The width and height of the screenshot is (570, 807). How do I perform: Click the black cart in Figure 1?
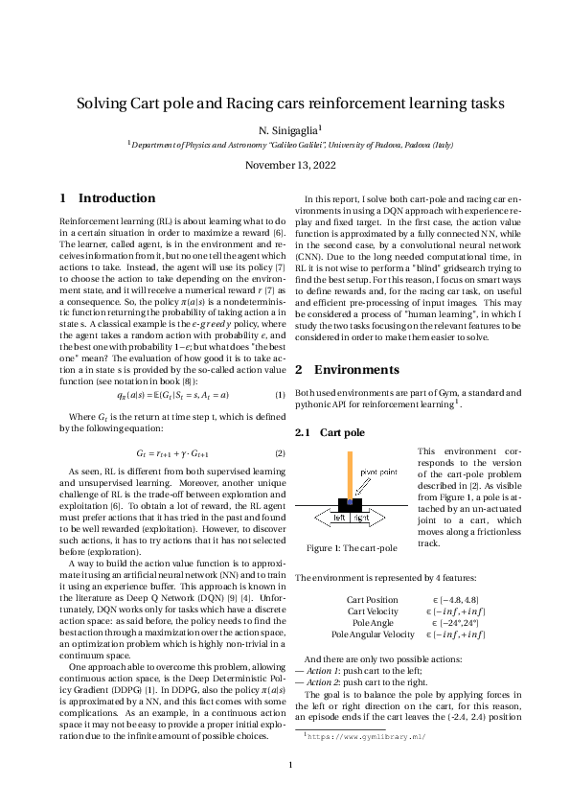tap(351, 506)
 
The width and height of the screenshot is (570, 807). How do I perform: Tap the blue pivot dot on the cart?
tap(351, 500)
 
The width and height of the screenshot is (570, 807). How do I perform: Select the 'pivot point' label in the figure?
tap(377, 473)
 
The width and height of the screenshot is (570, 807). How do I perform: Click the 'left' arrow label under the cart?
tap(338, 518)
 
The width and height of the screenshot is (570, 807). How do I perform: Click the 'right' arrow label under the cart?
tap(362, 518)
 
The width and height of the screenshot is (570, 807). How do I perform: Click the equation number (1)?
tap(280, 395)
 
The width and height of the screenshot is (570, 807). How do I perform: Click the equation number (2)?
tap(280, 452)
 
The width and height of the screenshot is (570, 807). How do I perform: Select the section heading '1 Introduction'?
tap(107, 198)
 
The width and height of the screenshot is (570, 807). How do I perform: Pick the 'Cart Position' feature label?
tap(372, 599)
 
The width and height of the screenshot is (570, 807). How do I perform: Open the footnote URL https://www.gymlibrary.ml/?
tap(365, 738)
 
